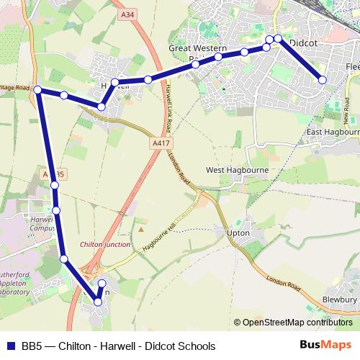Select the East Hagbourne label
pyautogui.click(x=333, y=132)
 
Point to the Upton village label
pyautogui.click(x=238, y=233)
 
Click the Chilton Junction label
pyautogui.click(x=105, y=245)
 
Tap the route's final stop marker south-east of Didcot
pyautogui.click(x=323, y=80)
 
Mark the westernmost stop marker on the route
pyautogui.click(x=37, y=90)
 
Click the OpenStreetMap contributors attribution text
pyautogui.click(x=297, y=323)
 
